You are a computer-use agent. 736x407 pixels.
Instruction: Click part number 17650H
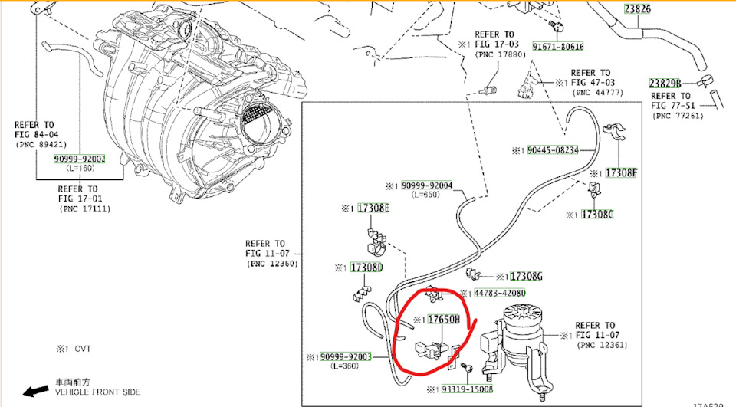tap(442, 319)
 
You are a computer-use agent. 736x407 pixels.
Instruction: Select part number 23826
tap(636, 9)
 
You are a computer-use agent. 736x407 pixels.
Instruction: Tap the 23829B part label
tap(663, 83)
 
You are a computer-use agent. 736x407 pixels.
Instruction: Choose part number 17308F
tap(621, 172)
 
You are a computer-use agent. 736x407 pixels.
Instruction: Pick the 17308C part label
tap(598, 215)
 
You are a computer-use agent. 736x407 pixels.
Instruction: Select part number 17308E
tap(374, 208)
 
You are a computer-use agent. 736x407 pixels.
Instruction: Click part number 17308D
tap(366, 268)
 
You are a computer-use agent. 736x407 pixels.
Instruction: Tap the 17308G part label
tap(527, 276)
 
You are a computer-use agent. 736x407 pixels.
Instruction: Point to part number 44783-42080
tap(499, 294)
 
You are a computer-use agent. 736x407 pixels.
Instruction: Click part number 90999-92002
tap(79, 159)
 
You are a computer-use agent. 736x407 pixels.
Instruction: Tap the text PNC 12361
tap(603, 346)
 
